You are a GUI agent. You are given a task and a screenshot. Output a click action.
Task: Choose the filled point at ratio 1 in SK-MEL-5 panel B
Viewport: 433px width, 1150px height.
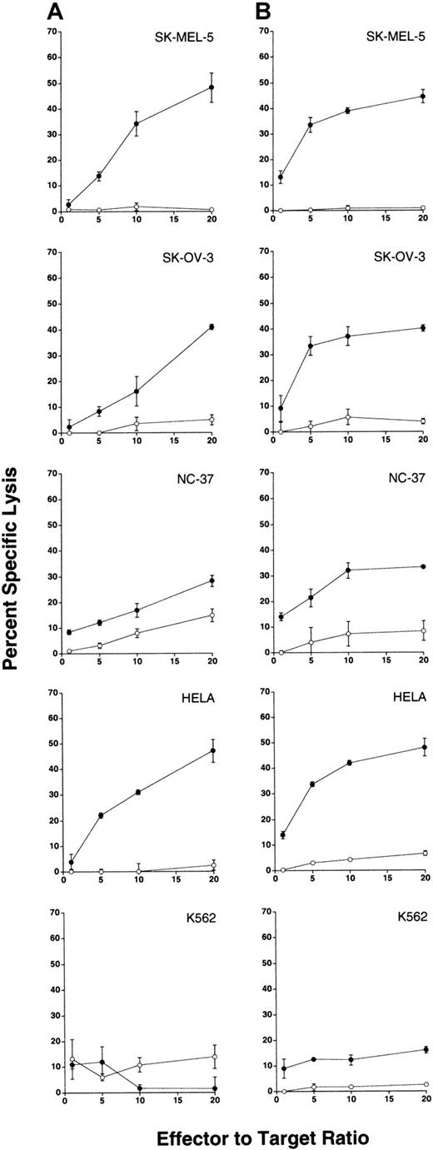click(x=281, y=177)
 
